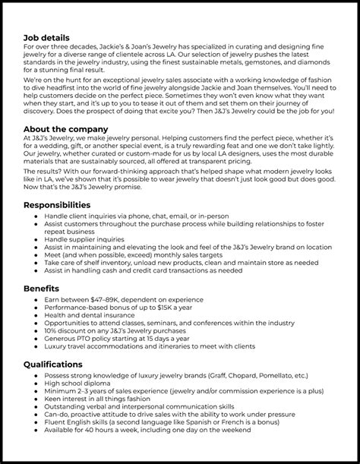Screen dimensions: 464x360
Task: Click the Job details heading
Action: [46, 37]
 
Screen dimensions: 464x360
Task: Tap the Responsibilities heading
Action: [63, 205]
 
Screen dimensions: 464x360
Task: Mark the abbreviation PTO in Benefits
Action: [103, 339]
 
